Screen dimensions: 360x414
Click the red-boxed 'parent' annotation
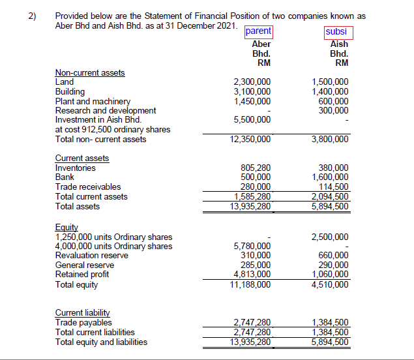(259, 31)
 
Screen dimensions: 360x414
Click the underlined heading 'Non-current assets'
(90, 73)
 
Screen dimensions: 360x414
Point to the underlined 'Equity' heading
(66, 227)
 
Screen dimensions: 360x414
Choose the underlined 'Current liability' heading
(82, 313)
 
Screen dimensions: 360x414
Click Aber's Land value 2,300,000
(252, 82)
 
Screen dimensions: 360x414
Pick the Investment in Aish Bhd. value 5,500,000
(252, 120)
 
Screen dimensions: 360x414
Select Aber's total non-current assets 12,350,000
(250, 139)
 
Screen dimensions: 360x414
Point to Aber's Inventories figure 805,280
(256, 168)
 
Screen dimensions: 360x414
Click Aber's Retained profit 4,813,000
(252, 275)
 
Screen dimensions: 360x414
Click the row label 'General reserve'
(83, 265)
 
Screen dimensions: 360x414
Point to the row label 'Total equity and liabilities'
(101, 342)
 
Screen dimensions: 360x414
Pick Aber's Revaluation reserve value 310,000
(256, 256)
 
